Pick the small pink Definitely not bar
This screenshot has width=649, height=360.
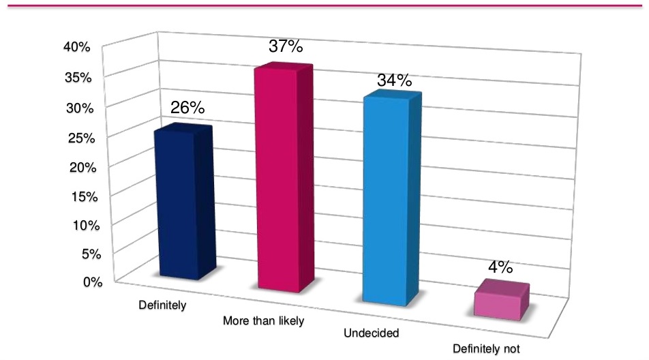[x=500, y=301]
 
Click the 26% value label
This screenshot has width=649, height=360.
[x=187, y=108]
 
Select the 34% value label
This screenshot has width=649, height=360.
[x=395, y=80]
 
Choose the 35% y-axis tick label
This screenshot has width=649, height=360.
[x=78, y=77]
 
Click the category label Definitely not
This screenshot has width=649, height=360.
[x=486, y=348]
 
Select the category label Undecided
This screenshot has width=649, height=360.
[x=371, y=333]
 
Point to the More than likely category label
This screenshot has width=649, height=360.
[x=262, y=320]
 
